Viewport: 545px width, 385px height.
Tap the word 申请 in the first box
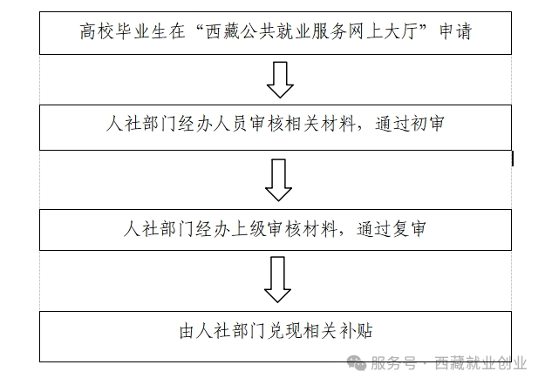(x=455, y=31)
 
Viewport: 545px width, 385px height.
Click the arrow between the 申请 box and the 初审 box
(x=280, y=80)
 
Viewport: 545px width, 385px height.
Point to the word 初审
(x=427, y=124)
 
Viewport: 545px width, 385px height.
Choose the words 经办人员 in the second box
(x=212, y=124)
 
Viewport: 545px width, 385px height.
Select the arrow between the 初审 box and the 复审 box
(x=278, y=180)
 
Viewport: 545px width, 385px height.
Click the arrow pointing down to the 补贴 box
(x=277, y=280)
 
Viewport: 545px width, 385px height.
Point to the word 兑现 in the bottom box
(x=285, y=331)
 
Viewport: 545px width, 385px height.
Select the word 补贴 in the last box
(x=356, y=331)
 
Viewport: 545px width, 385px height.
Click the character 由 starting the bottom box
(x=187, y=331)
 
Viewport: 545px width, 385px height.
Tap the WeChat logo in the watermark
(x=357, y=363)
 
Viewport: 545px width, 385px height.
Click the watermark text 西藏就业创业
(x=480, y=363)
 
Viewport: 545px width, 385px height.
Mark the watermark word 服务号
(x=393, y=363)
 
